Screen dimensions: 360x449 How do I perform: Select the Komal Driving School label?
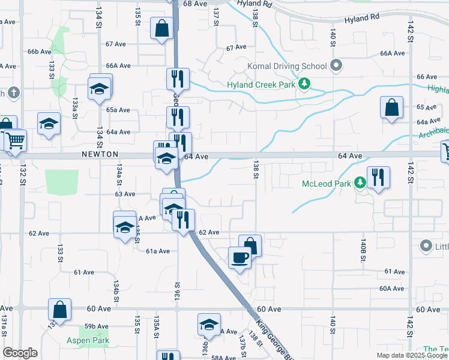click(x=287, y=65)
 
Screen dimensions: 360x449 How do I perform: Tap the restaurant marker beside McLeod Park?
click(x=378, y=178)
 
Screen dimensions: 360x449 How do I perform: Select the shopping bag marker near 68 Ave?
click(x=162, y=28)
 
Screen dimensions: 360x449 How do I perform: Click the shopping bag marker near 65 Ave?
click(x=391, y=108)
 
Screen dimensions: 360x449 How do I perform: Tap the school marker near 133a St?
click(x=49, y=124)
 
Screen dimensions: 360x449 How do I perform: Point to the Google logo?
click(x=20, y=353)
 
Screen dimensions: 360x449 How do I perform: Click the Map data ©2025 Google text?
click(x=412, y=355)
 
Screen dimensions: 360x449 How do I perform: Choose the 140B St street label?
click(x=363, y=250)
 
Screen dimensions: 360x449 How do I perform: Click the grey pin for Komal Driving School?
click(x=336, y=65)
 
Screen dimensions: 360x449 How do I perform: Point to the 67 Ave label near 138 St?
click(x=237, y=47)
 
